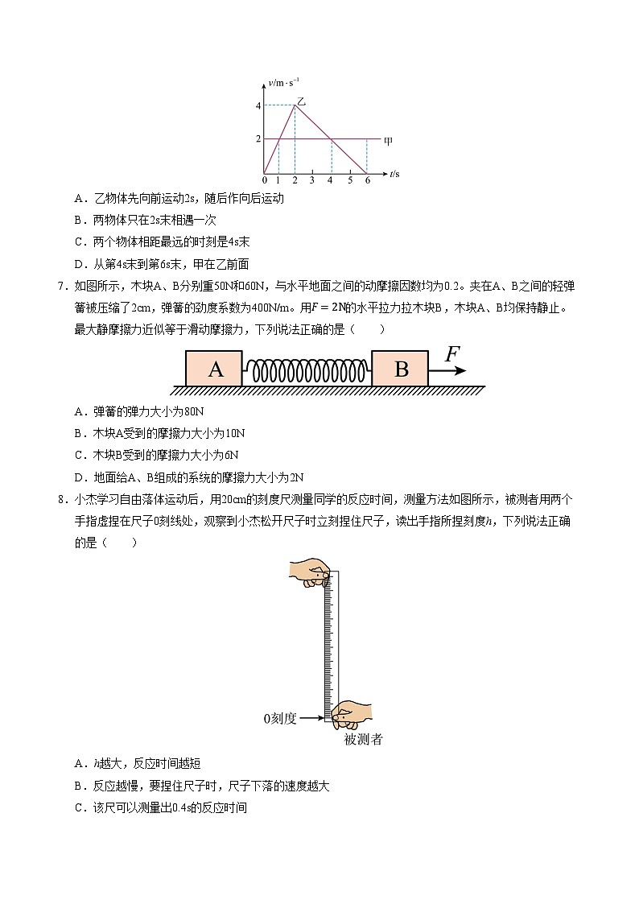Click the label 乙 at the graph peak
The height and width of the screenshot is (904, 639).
click(301, 101)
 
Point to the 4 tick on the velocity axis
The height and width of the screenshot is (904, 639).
click(258, 106)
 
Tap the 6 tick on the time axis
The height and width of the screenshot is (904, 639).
click(367, 180)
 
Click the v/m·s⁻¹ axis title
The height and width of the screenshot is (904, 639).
click(284, 82)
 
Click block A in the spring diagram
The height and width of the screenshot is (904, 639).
click(215, 369)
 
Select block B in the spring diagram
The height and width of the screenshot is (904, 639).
click(401, 369)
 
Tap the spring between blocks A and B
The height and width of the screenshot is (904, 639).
click(307, 369)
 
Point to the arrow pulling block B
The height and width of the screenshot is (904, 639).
click(447, 370)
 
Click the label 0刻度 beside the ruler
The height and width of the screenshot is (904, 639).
click(280, 718)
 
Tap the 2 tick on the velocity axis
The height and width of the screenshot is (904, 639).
click(258, 139)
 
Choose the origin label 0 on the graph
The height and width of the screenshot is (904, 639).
click(264, 180)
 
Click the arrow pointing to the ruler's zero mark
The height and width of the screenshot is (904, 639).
click(311, 718)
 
